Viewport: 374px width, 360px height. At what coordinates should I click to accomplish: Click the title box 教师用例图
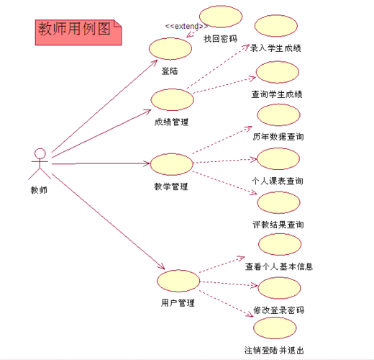pos(78,31)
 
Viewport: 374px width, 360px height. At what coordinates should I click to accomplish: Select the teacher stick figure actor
pos(40,164)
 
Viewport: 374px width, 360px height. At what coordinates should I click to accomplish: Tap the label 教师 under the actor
pos(39,190)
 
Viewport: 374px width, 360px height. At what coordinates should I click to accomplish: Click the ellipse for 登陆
pos(170,49)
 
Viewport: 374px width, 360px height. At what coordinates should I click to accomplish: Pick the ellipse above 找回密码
pos(221,18)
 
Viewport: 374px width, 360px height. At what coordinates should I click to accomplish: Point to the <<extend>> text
pos(186,27)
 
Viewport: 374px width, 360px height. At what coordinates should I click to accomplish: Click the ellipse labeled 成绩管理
pos(171,100)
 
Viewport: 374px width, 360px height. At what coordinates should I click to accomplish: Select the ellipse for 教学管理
pos(171,163)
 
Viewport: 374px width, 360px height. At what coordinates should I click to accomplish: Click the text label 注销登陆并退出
pos(274,351)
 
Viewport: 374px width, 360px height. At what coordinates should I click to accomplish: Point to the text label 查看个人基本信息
pos(279,266)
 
